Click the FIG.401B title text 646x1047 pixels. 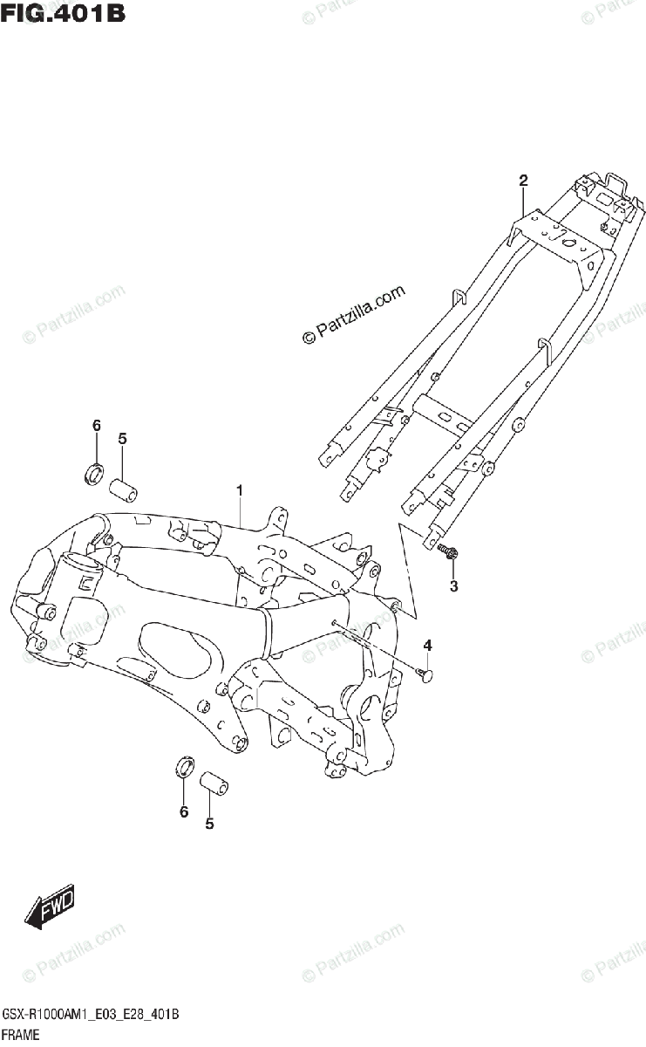pyautogui.click(x=62, y=15)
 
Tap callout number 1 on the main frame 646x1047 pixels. pyautogui.click(x=240, y=493)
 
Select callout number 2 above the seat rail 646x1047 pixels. pyautogui.click(x=523, y=181)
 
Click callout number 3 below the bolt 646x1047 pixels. pyautogui.click(x=453, y=586)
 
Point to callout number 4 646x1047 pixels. pyautogui.click(x=427, y=645)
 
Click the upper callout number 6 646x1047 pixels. pyautogui.click(x=97, y=425)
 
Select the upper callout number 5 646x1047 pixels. pyautogui.click(x=122, y=438)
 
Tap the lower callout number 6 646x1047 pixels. pyautogui.click(x=184, y=811)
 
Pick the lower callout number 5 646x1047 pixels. pyautogui.click(x=209, y=822)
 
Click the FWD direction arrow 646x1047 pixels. pyautogui.click(x=51, y=906)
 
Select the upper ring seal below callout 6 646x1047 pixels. pyautogui.click(x=93, y=475)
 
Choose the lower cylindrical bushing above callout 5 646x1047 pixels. pyautogui.click(x=215, y=782)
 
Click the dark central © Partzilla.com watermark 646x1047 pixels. pyautogui.click(x=354, y=315)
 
